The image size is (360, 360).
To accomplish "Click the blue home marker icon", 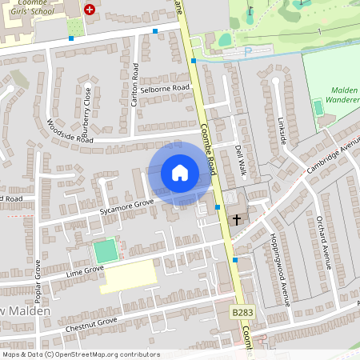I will (180, 173).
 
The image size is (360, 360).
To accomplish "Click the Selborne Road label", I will (164, 88).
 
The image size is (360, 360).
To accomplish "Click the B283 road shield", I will (242, 311).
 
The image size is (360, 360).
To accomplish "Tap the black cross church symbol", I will (237, 219).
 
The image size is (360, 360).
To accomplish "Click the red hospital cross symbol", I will (90, 10).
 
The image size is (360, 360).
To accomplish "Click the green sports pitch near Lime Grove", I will (105, 251).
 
